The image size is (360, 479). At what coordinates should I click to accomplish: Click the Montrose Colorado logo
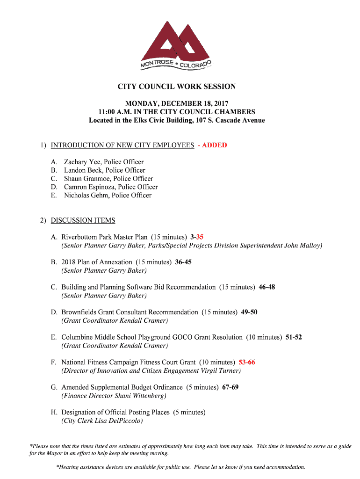click(x=176, y=46)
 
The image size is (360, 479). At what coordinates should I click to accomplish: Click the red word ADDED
click(x=215, y=145)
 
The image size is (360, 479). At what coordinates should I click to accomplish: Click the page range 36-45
click(x=183, y=262)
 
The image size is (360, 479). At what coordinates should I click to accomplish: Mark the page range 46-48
click(x=267, y=287)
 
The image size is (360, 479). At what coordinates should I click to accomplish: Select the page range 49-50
click(x=249, y=312)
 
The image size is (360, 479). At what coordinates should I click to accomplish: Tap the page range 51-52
click(x=294, y=337)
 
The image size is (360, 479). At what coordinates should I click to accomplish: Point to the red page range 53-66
click(x=247, y=363)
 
